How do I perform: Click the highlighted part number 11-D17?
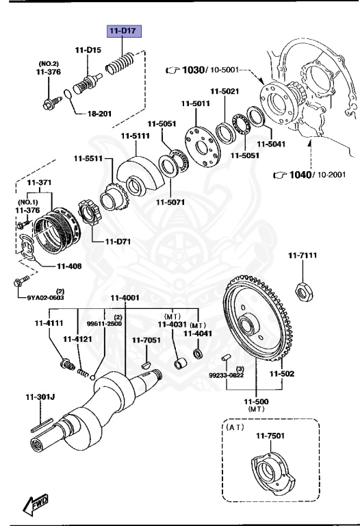tap(122, 32)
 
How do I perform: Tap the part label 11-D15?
tap(88, 49)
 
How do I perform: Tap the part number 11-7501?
tap(271, 436)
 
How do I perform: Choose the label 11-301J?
tap(41, 396)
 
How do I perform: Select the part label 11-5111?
tap(135, 136)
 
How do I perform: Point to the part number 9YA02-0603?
tap(46, 297)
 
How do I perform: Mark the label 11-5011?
tap(195, 103)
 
